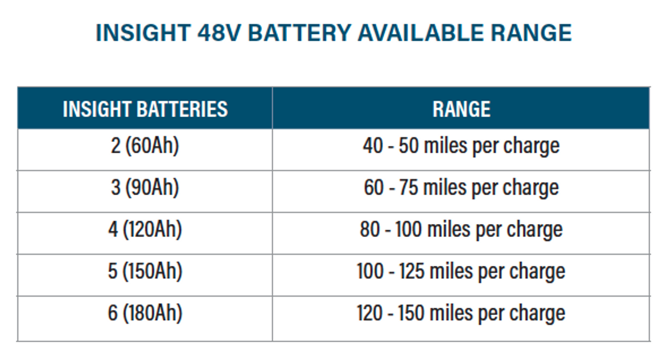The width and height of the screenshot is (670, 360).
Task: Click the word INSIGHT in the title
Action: pyautogui.click(x=142, y=33)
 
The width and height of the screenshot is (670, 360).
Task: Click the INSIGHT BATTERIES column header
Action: pyautogui.click(x=145, y=109)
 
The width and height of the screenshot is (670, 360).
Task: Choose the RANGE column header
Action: pyautogui.click(x=461, y=109)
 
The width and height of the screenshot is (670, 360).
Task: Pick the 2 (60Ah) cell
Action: pyautogui.click(x=145, y=146)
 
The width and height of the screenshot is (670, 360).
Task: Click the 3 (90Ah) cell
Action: pyautogui.click(x=145, y=188)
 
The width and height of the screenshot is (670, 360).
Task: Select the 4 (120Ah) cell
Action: pyautogui.click(x=145, y=230)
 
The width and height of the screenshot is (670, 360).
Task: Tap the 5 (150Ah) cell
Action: pyautogui.click(x=145, y=272)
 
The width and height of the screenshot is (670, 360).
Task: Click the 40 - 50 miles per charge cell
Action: pyautogui.click(x=461, y=146)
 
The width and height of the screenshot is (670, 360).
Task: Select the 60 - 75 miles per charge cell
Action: pyautogui.click(x=461, y=188)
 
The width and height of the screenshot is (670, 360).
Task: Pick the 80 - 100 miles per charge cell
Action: pyautogui.click(x=461, y=230)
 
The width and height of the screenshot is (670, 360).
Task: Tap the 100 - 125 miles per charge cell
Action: pyautogui.click(x=461, y=272)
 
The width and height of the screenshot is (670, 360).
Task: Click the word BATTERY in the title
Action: pyautogui.click(x=299, y=33)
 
